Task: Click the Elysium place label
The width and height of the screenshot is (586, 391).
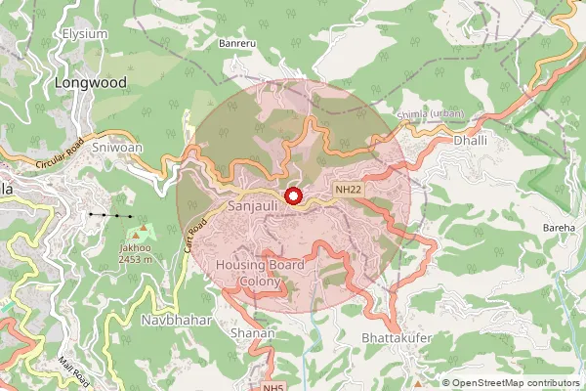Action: [x=84, y=33]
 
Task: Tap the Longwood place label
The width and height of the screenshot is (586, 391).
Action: [x=90, y=83]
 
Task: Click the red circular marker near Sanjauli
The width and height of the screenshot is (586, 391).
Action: [x=291, y=195]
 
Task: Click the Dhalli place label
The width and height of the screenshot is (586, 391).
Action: [x=471, y=142]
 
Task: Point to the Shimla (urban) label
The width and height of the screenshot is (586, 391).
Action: [x=431, y=114]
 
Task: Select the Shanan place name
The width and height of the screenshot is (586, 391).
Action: [x=252, y=333]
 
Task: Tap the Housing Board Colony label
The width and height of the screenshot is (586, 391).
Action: [x=261, y=274]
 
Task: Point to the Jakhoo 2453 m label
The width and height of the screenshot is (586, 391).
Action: [x=136, y=254]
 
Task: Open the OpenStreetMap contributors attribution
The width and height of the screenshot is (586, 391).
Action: [x=516, y=383]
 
